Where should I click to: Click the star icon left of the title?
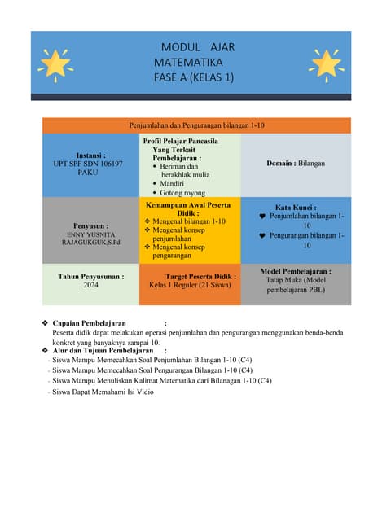(55, 62)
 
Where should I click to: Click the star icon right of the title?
(326, 62)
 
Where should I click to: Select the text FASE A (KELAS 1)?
(193, 77)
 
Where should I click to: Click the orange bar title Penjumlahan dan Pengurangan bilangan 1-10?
(196, 125)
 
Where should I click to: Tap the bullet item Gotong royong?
(185, 193)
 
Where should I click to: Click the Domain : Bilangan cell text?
(295, 164)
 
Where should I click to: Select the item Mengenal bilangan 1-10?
(189, 221)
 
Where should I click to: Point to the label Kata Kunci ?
(296, 208)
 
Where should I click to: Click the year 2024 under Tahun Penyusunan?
(90, 286)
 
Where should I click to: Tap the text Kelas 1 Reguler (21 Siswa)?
(190, 286)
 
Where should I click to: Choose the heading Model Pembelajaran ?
(296, 271)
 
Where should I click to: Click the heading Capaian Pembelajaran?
(89, 323)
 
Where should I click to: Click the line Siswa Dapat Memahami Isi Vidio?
(103, 392)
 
